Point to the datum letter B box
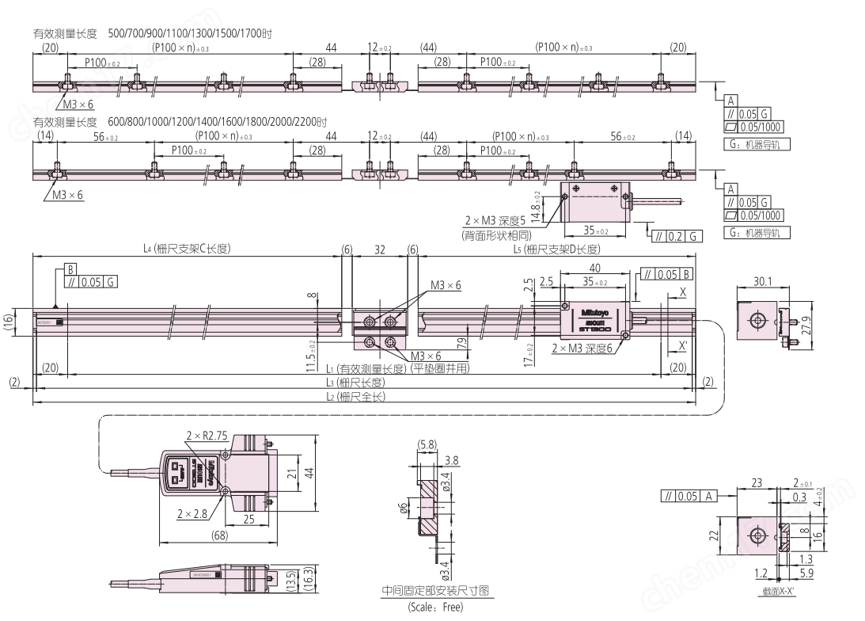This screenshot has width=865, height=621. point(69,270)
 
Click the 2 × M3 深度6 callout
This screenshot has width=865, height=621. point(583,349)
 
